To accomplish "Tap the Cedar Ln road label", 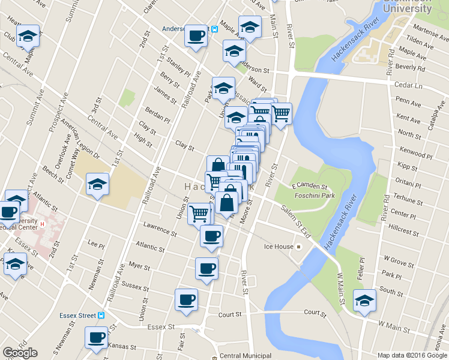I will point(409,85).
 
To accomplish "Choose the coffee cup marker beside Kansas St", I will point(96,338).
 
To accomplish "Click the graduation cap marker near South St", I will point(364,301).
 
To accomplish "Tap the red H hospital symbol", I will point(42,224).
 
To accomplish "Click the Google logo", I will point(20,353).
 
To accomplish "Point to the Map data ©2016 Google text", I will point(412,355).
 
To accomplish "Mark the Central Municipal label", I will point(246,356).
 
